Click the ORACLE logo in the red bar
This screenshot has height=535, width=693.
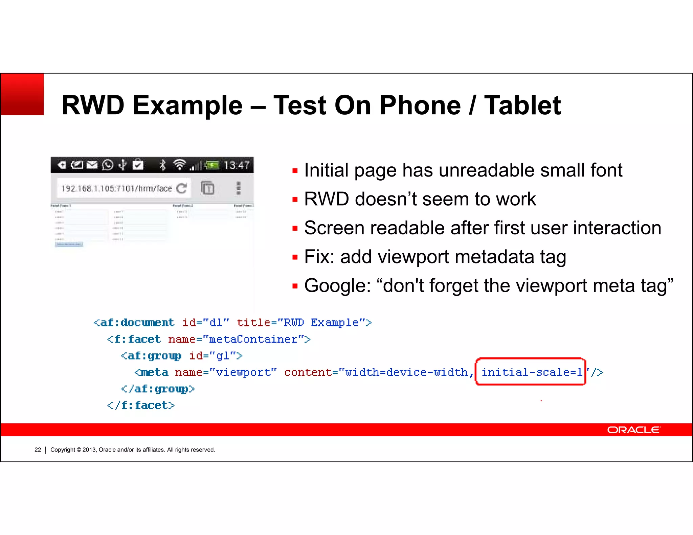(633, 430)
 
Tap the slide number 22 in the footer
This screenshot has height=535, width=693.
(38, 450)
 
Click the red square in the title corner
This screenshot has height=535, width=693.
(22, 94)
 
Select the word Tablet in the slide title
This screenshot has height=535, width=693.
(522, 105)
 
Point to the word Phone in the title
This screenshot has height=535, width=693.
(420, 105)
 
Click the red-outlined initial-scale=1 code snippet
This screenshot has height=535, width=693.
(531, 372)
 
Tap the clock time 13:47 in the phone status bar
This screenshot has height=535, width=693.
(237, 165)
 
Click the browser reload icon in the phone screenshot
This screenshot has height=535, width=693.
(182, 188)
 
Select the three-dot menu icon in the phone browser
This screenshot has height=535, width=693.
(239, 188)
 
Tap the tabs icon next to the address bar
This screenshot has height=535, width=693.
(207, 188)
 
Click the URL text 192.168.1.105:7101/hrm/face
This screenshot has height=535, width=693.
(117, 188)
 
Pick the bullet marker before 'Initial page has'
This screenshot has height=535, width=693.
(295, 171)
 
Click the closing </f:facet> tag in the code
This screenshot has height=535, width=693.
(141, 405)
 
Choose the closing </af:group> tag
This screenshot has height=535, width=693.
(158, 389)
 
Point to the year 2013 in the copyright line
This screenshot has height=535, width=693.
(89, 450)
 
